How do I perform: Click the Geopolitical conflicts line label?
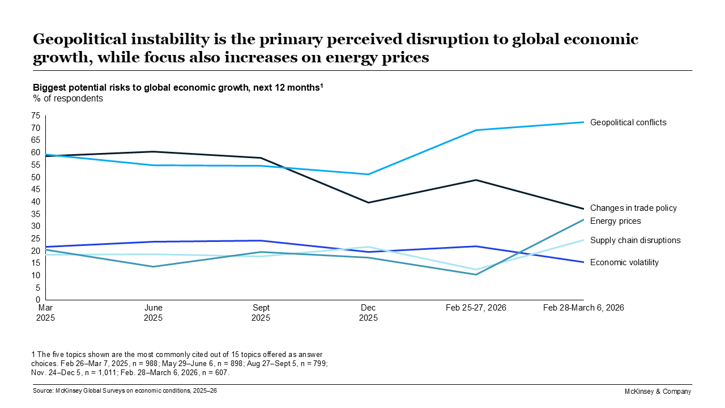[x=628, y=122]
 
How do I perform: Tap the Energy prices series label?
[x=615, y=221]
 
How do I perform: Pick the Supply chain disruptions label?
[x=635, y=240]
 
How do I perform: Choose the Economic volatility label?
[x=624, y=262]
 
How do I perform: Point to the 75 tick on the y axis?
[x=36, y=116]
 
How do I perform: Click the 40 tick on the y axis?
[x=36, y=202]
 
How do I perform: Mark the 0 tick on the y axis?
[x=38, y=300]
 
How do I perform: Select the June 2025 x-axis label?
[x=153, y=313]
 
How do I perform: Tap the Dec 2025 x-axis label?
[x=368, y=313]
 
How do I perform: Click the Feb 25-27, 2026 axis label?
[x=476, y=308]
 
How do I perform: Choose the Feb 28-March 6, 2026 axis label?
[x=583, y=308]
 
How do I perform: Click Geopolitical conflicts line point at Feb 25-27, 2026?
[x=476, y=130]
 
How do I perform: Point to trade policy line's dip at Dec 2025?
[x=369, y=202]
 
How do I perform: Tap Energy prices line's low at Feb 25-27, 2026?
[x=476, y=274]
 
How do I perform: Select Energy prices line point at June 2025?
[x=153, y=266]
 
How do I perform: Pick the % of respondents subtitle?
[x=68, y=98]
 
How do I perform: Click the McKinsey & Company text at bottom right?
[x=658, y=392]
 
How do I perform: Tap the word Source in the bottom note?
[x=43, y=391]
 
